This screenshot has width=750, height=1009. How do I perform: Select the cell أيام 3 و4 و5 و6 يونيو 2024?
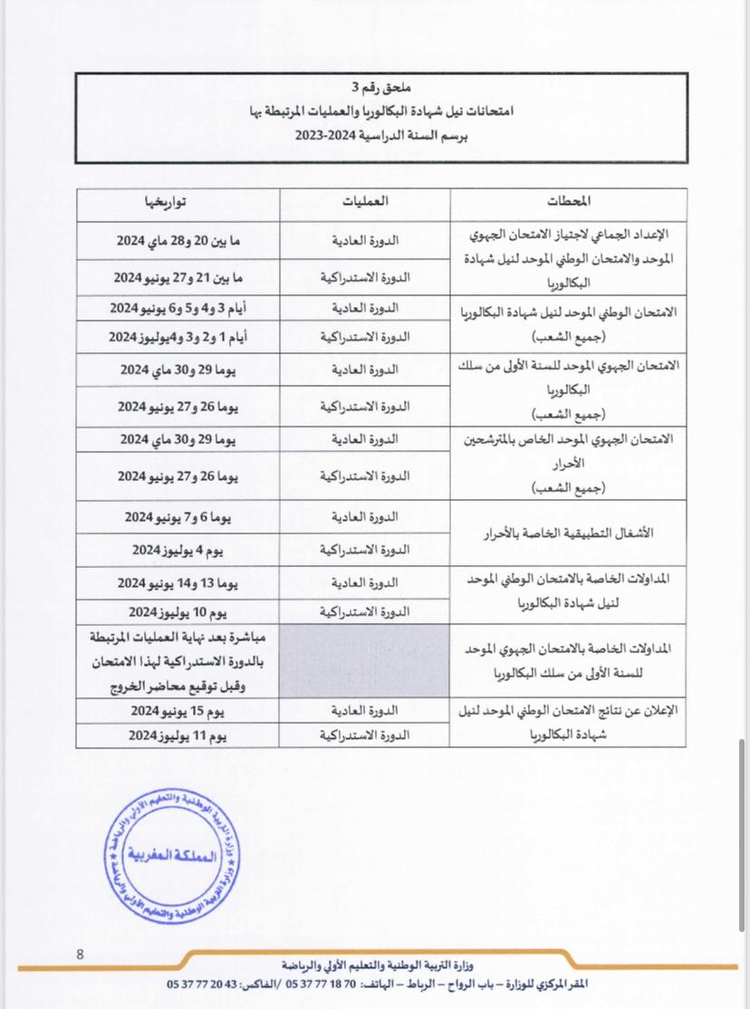178,309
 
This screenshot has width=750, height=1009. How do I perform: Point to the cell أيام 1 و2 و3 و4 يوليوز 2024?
178,336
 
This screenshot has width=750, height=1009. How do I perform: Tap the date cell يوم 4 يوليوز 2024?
178,550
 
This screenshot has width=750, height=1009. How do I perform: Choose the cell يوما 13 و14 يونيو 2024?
178,582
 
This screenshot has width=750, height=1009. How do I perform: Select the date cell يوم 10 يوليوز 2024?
178,610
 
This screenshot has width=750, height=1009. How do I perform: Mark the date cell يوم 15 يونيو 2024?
178,709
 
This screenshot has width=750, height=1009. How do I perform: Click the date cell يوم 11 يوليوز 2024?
178,735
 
